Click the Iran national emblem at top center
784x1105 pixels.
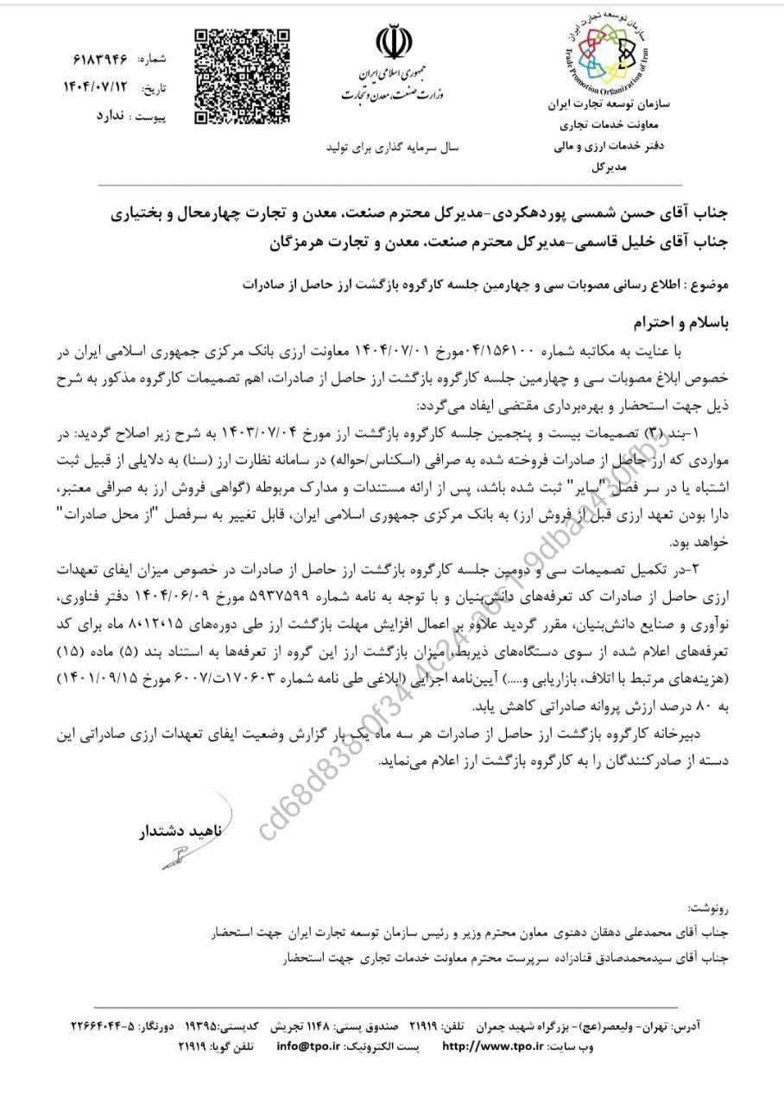[390, 42]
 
